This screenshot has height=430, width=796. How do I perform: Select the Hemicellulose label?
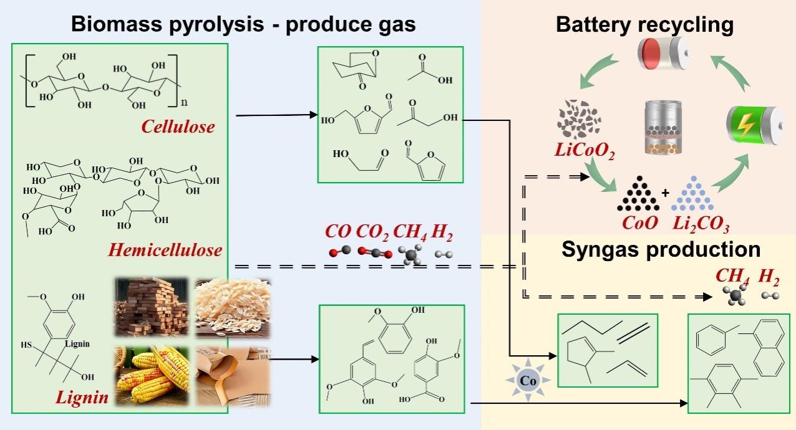click(165, 250)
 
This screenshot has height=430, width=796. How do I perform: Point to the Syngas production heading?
click(661, 249)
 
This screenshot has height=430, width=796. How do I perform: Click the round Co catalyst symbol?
click(527, 379)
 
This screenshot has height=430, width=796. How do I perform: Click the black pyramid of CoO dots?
click(637, 194)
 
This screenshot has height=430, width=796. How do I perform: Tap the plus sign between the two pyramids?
click(665, 193)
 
